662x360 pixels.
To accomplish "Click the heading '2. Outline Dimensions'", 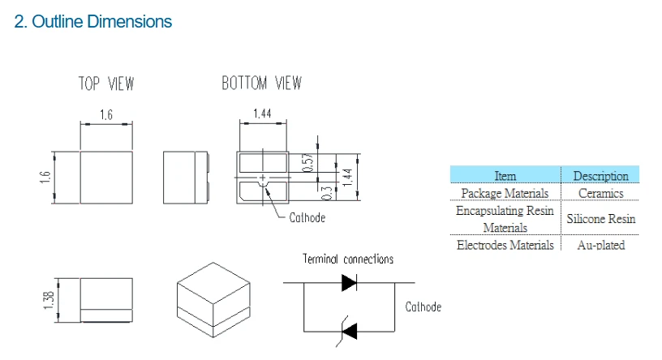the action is (x=92, y=22).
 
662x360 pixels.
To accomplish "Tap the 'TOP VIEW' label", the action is (x=106, y=84).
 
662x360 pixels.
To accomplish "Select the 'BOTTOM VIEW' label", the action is (x=262, y=84).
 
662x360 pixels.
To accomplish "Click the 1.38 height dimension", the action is (x=49, y=300).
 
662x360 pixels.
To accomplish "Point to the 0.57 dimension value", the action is (x=308, y=162).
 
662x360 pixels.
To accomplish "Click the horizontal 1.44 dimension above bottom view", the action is (x=262, y=114).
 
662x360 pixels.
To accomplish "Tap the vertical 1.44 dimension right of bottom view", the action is (x=347, y=178).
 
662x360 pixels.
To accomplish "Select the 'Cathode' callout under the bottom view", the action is (x=307, y=218).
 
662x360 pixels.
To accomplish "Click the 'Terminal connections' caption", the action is (x=348, y=259).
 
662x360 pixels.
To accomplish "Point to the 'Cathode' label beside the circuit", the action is (x=423, y=306).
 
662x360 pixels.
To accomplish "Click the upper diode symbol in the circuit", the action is (x=349, y=283).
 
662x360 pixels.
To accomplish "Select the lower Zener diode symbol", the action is (x=349, y=332).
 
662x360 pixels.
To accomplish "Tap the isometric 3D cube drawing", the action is (x=213, y=300).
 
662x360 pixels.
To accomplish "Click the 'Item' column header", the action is (x=505, y=176).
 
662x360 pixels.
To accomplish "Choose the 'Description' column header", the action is (x=601, y=176).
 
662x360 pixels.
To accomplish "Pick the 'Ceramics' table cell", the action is (x=601, y=193).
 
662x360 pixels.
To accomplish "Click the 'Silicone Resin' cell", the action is (x=601, y=219).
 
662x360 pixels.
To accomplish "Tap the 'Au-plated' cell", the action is (x=601, y=245).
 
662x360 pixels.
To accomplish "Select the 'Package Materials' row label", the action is (x=505, y=193).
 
